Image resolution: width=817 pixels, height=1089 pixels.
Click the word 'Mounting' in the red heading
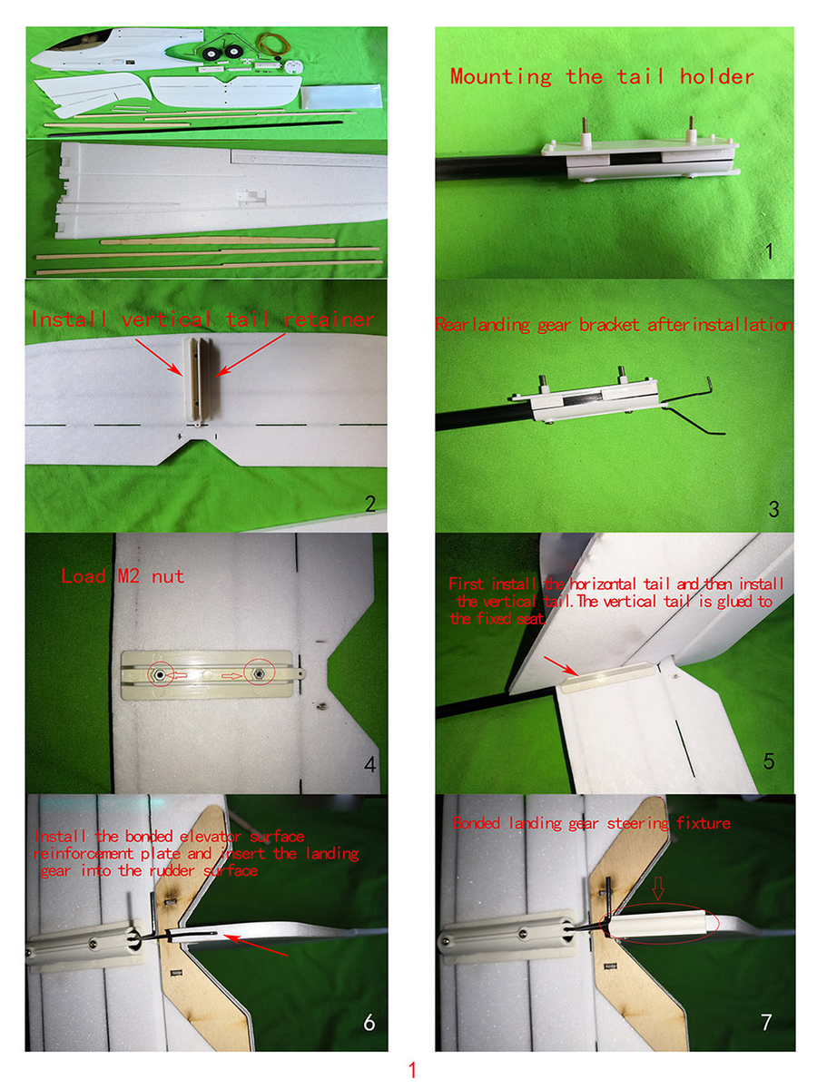(x=500, y=77)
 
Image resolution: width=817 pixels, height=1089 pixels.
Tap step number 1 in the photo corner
(x=769, y=251)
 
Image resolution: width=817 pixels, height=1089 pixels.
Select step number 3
(x=773, y=509)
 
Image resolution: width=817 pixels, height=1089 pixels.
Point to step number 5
(x=768, y=760)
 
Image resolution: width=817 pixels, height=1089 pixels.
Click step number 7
(x=766, y=1022)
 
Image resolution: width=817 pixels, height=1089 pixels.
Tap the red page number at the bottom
(x=412, y=1070)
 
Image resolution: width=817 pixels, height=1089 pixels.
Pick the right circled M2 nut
(x=258, y=672)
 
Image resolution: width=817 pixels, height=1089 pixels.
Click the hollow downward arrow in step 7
(x=658, y=891)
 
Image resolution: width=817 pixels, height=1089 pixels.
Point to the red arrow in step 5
(x=560, y=666)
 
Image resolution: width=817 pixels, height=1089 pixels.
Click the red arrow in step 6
(x=254, y=944)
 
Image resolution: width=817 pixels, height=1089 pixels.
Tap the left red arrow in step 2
(x=158, y=357)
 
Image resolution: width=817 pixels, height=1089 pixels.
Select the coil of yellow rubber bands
(x=274, y=44)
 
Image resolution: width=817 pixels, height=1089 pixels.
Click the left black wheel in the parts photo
(x=212, y=53)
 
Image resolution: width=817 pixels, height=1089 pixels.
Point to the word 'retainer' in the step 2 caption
(x=329, y=319)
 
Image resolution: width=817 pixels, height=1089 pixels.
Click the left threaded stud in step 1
(x=586, y=132)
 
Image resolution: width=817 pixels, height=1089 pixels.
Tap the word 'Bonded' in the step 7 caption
(x=476, y=824)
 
